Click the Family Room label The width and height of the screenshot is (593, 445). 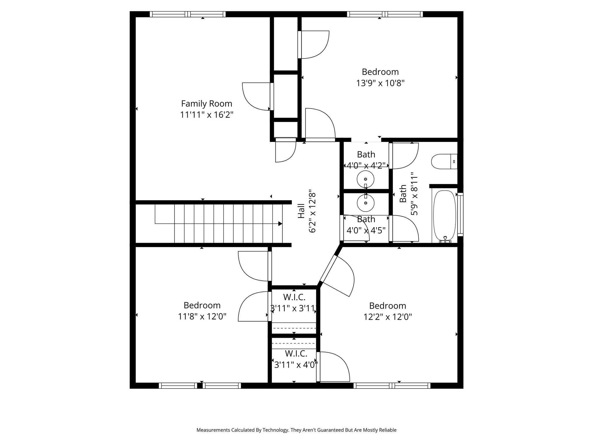(x=206, y=104)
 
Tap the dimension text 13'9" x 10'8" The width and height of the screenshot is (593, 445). (x=380, y=83)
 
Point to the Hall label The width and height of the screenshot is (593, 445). (x=301, y=211)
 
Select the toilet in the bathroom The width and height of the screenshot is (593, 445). (x=444, y=161)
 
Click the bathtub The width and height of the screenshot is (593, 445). (x=444, y=216)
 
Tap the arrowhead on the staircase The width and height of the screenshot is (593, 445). (x=280, y=224)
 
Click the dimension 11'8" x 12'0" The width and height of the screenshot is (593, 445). (x=202, y=316)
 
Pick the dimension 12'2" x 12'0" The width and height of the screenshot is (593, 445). (x=388, y=317)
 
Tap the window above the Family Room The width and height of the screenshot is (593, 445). (x=188, y=14)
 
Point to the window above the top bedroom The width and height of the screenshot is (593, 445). (x=385, y=14)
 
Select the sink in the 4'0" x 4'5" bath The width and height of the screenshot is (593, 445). (x=366, y=203)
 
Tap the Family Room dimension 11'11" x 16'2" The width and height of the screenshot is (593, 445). (x=207, y=115)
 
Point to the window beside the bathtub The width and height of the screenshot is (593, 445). (x=460, y=214)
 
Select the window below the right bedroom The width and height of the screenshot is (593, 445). (x=392, y=386)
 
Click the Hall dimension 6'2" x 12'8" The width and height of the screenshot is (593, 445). (x=312, y=211)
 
